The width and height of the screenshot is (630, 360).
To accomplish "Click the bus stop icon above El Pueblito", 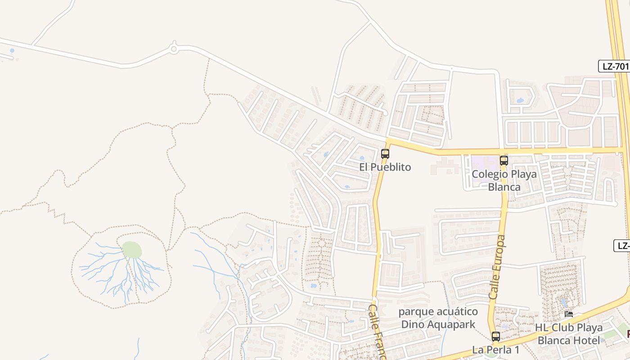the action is [385, 153].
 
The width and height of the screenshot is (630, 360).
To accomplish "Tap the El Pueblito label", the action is [385, 167].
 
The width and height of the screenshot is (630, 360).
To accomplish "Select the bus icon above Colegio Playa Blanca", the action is [504, 160].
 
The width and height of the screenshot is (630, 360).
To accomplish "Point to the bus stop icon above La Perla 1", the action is [495, 336].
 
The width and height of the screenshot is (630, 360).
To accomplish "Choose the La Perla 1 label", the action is [495, 349].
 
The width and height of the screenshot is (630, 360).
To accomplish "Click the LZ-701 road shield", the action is [615, 66].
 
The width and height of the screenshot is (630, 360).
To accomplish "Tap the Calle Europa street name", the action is [497, 267].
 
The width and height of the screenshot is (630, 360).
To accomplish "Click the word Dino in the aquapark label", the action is [412, 324].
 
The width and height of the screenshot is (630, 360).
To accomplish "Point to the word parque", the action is [415, 312].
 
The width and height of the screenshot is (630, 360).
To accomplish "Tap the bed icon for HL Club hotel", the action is [569, 314].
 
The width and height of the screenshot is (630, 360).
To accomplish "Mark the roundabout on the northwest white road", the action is [174, 48].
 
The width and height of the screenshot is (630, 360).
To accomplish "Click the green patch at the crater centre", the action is [132, 250].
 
